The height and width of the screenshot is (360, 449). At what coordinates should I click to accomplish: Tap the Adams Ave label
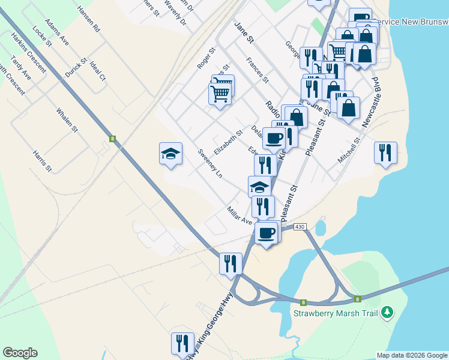(x=57, y=35)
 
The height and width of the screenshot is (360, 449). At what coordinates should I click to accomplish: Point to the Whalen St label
(x=67, y=120)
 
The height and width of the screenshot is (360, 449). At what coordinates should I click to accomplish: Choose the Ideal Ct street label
(x=97, y=71)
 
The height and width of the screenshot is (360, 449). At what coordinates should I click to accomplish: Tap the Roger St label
(x=205, y=59)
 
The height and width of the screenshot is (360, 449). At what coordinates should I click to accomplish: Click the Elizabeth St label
(x=228, y=142)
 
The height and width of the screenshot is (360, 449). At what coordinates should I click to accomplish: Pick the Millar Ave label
(x=240, y=216)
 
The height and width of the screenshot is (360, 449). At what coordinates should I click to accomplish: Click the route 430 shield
(x=300, y=226)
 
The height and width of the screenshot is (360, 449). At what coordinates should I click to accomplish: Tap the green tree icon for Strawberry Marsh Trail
(x=388, y=311)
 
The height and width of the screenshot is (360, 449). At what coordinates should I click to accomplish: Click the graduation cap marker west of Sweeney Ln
(x=170, y=154)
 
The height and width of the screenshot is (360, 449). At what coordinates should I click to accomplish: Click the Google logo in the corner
(x=20, y=353)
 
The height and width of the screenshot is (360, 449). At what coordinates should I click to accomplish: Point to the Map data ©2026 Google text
(x=412, y=355)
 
